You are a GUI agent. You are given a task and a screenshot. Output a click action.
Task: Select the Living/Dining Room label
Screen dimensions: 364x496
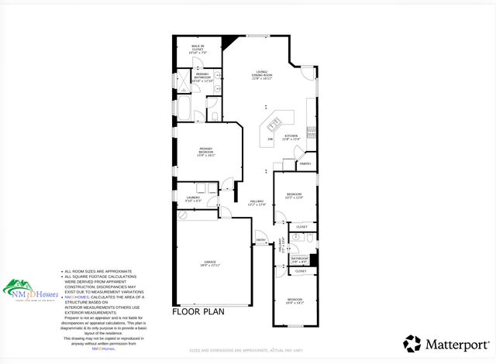click(x=263, y=76)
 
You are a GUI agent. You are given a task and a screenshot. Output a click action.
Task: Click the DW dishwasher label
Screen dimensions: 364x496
click(x=270, y=139)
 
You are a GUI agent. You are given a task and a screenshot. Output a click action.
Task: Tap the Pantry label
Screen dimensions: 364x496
click(x=305, y=163)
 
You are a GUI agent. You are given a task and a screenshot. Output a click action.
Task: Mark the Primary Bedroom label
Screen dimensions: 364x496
click(x=205, y=151)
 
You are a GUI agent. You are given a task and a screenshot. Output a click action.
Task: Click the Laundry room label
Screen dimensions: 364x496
click(x=193, y=199)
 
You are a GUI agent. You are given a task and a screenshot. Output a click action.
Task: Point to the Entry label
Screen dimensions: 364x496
click(x=261, y=240)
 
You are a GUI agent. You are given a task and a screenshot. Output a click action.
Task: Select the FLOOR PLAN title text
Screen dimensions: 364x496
click(x=198, y=312)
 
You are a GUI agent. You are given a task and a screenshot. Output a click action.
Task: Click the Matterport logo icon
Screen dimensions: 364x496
click(x=412, y=343)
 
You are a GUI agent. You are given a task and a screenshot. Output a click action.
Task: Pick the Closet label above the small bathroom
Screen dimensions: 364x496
click(x=301, y=227)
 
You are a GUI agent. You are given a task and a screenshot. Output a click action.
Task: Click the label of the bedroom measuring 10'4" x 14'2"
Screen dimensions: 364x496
click(x=294, y=300)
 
